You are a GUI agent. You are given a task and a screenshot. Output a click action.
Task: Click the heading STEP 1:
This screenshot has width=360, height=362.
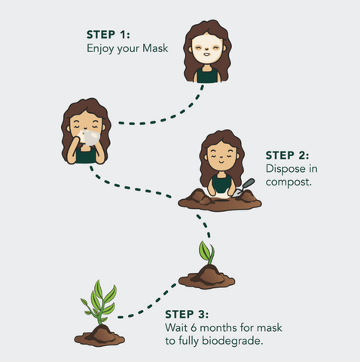[108, 35]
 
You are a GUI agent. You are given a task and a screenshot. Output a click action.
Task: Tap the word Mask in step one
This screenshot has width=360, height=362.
[155, 48]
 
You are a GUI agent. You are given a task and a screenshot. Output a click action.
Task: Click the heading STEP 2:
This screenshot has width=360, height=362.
[288, 155]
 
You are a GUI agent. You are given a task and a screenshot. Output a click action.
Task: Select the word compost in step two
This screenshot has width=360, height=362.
[288, 182]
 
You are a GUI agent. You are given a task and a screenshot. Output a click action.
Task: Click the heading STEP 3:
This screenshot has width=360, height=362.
[187, 314]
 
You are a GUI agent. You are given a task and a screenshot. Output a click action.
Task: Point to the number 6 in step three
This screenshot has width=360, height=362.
[194, 327]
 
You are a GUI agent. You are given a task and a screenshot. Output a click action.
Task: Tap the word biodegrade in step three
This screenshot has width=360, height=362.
[233, 341]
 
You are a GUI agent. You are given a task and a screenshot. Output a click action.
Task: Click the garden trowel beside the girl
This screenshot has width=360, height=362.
[243, 187]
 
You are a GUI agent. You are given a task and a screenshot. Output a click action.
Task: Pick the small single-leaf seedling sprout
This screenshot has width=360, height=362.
[207, 253]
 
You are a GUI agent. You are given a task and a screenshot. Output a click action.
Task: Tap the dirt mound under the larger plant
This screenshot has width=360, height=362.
[99, 336]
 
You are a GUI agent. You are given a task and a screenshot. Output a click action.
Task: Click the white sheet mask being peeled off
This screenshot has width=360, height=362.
[89, 137]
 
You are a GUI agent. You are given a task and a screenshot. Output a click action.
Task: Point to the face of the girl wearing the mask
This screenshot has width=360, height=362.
[206, 50]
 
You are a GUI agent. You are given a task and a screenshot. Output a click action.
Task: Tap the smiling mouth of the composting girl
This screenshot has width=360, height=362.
[221, 161]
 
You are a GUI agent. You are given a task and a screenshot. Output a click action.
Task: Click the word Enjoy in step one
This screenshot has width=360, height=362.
[100, 48]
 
